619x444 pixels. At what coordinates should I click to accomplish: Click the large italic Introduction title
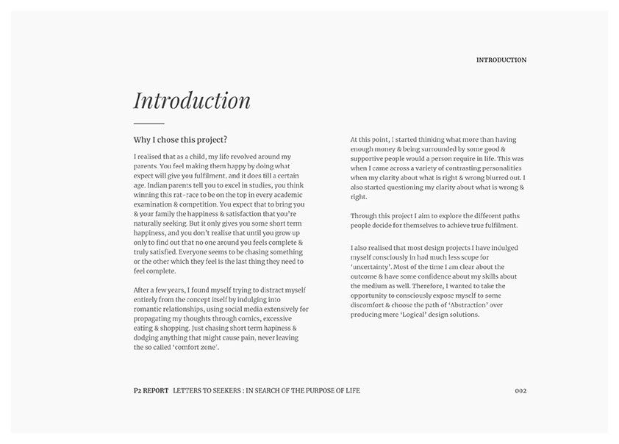point(192,101)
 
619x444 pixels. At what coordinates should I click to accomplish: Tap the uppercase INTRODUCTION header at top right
point(501,60)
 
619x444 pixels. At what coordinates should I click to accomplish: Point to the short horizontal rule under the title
point(149,123)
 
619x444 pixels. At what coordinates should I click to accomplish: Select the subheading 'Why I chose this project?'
point(180,140)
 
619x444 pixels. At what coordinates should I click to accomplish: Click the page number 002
point(520,390)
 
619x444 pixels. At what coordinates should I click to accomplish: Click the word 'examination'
point(153,204)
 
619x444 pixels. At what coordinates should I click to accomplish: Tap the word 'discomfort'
point(368,305)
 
